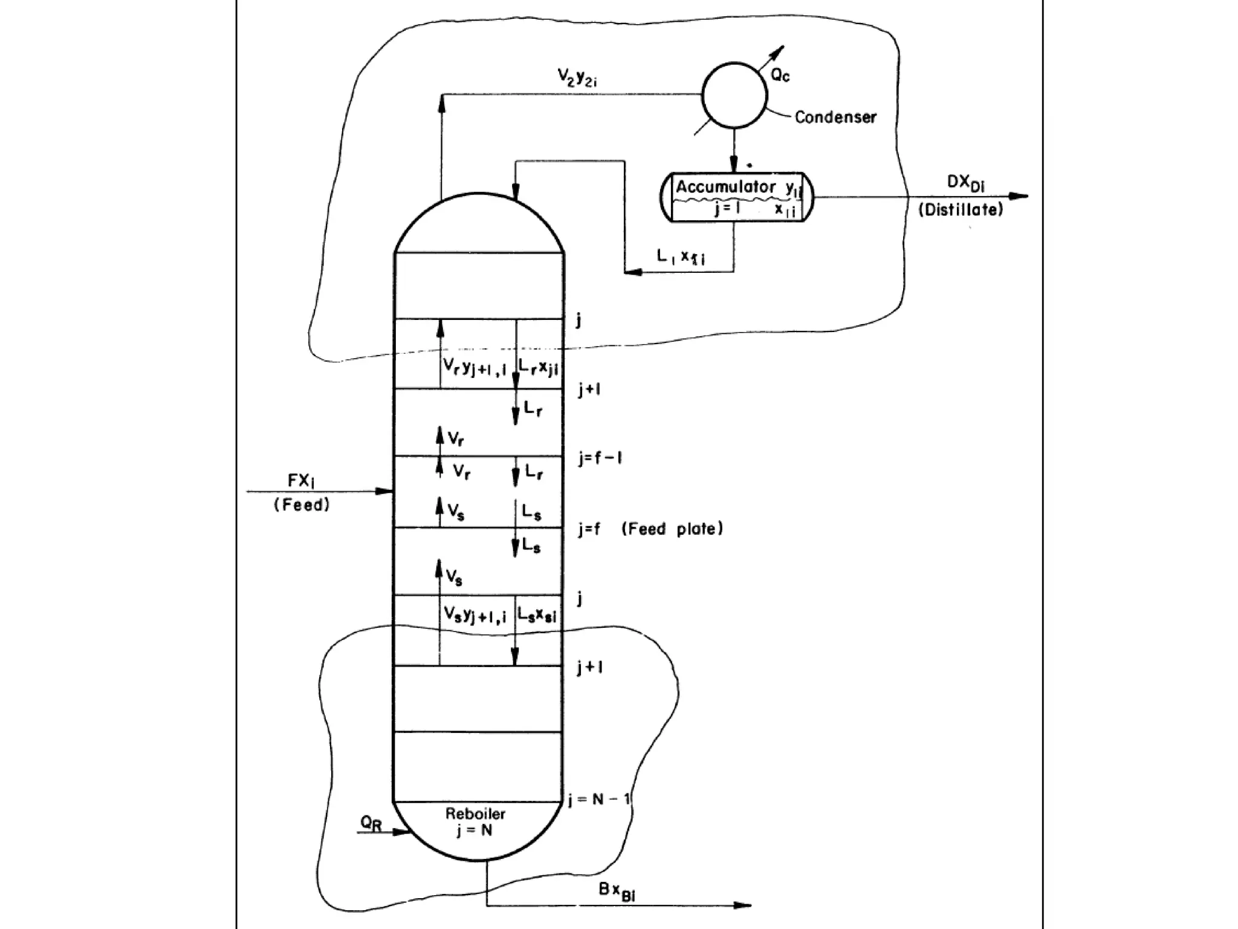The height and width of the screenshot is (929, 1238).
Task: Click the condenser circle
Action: click(x=734, y=95)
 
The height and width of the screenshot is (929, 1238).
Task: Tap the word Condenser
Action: click(x=835, y=117)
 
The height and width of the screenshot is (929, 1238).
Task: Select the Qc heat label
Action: click(x=780, y=75)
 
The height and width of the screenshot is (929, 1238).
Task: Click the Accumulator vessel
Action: click(x=736, y=197)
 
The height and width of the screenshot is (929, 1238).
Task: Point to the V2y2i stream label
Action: click(x=577, y=77)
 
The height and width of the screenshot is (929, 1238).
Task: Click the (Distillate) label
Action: click(x=961, y=210)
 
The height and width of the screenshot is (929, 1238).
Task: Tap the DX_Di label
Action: click(x=965, y=183)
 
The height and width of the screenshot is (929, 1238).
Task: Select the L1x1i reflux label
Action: click(x=681, y=256)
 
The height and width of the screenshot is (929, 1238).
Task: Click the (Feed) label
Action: click(x=302, y=505)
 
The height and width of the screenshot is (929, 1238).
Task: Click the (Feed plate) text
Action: click(x=672, y=529)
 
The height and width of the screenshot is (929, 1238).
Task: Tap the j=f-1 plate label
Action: click(x=600, y=458)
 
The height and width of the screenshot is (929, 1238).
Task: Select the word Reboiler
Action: click(x=475, y=814)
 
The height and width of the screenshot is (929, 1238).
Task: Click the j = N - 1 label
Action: click(x=599, y=800)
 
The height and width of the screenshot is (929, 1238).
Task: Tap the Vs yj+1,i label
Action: click(x=475, y=616)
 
